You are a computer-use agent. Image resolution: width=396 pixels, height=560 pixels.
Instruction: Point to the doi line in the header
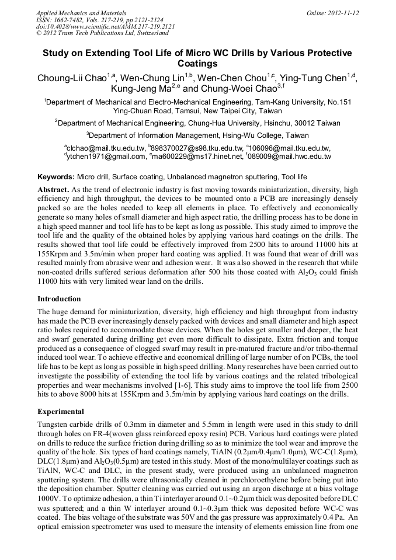click(105, 27)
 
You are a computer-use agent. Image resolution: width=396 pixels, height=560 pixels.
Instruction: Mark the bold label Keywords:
click(56, 176)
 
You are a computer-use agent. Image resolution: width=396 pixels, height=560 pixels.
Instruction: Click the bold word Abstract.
click(53, 190)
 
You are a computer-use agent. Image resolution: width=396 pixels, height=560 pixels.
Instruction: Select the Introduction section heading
click(59, 298)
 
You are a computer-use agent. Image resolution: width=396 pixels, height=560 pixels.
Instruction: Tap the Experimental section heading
click(61, 411)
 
